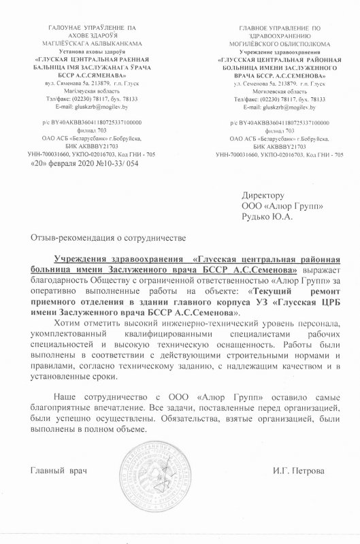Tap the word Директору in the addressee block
[265, 195]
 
